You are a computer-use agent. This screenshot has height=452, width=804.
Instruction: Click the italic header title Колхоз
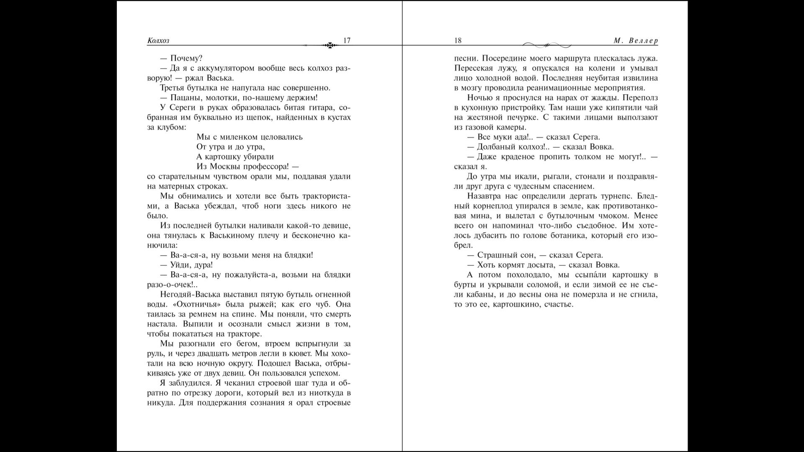[x=158, y=41]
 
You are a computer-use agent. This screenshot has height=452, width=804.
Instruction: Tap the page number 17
[x=347, y=41]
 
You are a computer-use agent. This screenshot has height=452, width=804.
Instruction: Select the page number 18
[x=458, y=41]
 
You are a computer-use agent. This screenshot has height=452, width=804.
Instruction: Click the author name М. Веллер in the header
[x=636, y=41]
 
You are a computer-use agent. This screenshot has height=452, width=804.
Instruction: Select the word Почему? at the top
[x=186, y=59]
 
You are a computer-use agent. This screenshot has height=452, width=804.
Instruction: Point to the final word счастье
[x=559, y=304]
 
